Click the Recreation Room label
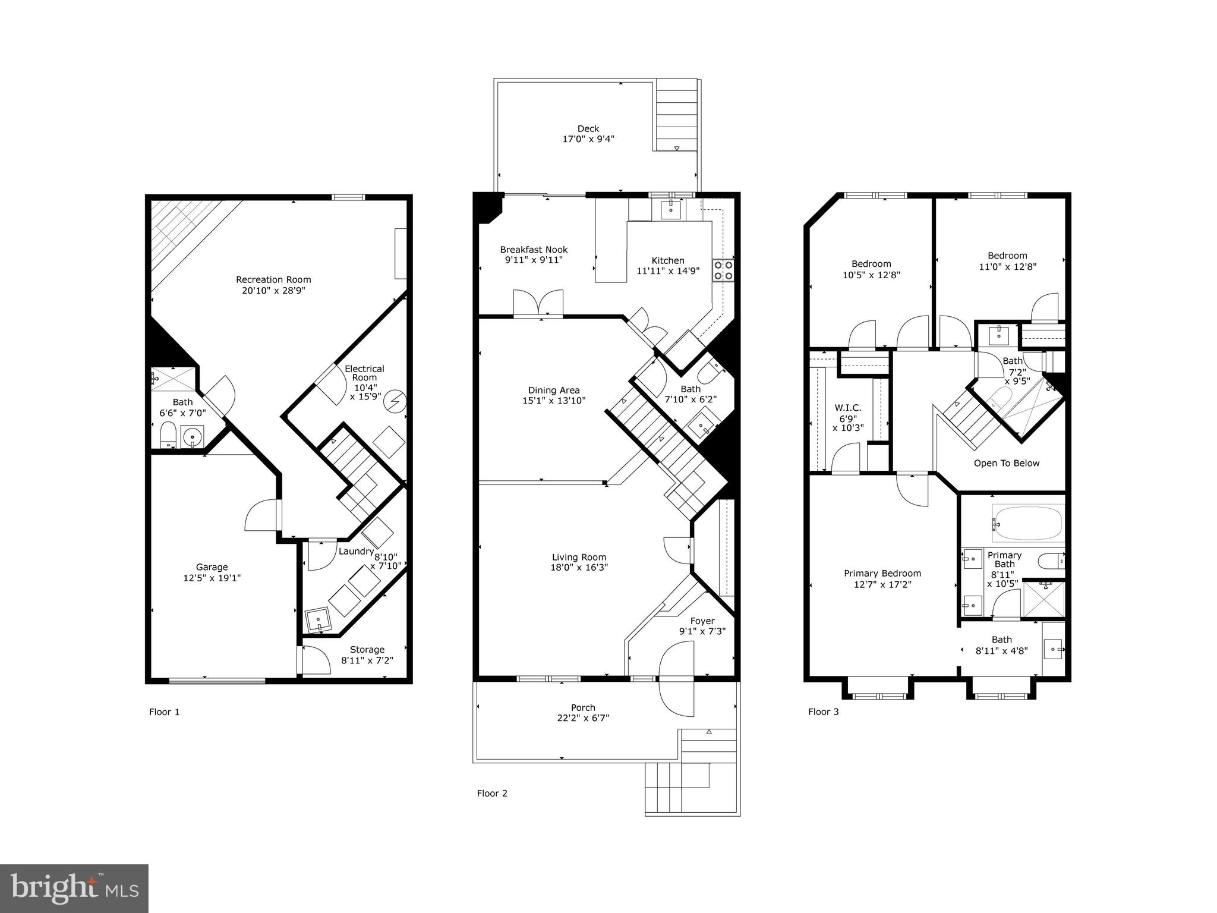pyautogui.click(x=273, y=279)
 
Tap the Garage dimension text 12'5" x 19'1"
pyautogui.click(x=212, y=578)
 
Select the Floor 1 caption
pyautogui.click(x=164, y=712)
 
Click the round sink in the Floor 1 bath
pyautogui.click(x=193, y=438)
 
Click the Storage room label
pyautogui.click(x=367, y=650)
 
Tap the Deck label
pyautogui.click(x=588, y=128)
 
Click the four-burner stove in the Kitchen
pyautogui.click(x=724, y=270)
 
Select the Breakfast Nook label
pyautogui.click(x=534, y=250)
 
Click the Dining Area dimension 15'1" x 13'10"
pyautogui.click(x=554, y=401)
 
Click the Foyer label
pyautogui.click(x=702, y=621)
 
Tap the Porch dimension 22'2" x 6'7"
pyautogui.click(x=583, y=718)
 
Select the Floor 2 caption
pyautogui.click(x=492, y=793)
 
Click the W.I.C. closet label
pyautogui.click(x=848, y=408)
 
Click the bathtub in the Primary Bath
pyautogui.click(x=1028, y=522)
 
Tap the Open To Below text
pyautogui.click(x=1007, y=463)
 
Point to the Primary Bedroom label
pyautogui.click(x=882, y=574)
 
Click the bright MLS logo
pyautogui.click(x=74, y=888)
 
